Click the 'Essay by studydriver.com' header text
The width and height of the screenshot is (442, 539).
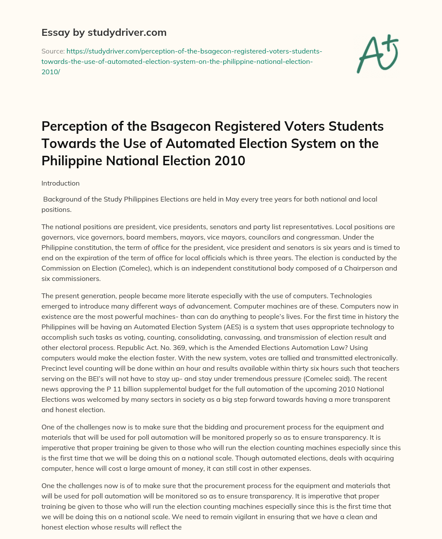coord(104,32)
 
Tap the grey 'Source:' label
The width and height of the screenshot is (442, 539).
coord(52,51)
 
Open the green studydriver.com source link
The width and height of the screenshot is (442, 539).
coord(181,61)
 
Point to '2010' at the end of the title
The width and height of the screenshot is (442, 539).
coord(230,161)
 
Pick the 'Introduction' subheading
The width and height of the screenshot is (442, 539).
coord(60,183)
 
